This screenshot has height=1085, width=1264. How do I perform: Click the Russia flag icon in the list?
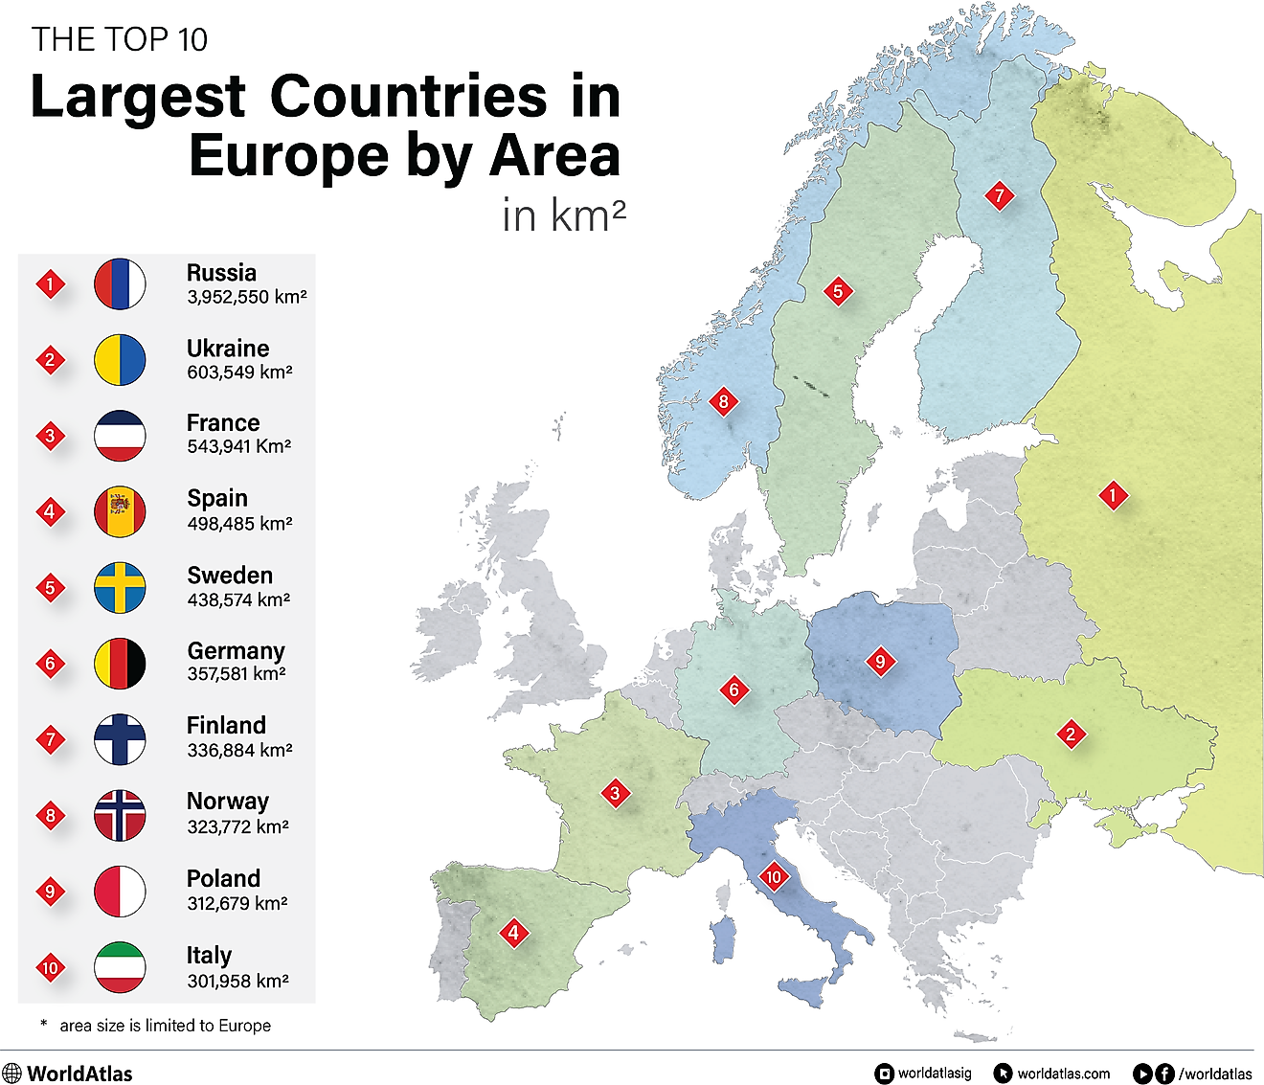pos(120,284)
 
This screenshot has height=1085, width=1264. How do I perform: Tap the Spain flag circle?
pos(120,511)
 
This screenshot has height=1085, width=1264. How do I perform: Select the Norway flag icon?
pos(120,816)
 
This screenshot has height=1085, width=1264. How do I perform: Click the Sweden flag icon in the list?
pos(120,588)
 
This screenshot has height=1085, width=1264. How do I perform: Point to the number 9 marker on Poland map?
pos(880,661)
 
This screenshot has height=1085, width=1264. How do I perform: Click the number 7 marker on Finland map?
pos(1000,196)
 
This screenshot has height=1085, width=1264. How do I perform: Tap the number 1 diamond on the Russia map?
pos(1113,496)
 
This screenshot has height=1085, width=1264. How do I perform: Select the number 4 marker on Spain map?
pos(513,933)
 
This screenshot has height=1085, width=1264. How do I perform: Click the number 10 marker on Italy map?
pos(773,876)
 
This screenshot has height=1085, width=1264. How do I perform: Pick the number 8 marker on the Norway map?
pos(724,401)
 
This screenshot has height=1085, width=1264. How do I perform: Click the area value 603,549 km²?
pos(239,373)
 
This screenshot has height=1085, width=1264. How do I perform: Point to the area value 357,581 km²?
pos(237,674)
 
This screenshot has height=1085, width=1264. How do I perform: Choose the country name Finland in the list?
pos(226,725)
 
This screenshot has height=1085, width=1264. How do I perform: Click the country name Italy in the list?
pos(209,955)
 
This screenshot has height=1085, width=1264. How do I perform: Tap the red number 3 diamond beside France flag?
pos(51,436)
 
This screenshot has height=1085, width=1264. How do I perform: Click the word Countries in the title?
pos(408,97)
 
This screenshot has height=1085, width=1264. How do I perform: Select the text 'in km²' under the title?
pos(563,215)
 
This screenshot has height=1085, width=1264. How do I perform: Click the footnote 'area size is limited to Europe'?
pos(165,1026)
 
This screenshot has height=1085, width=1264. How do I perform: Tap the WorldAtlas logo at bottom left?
pos(68,1074)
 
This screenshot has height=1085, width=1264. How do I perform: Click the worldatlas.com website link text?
pos(1063,1074)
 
